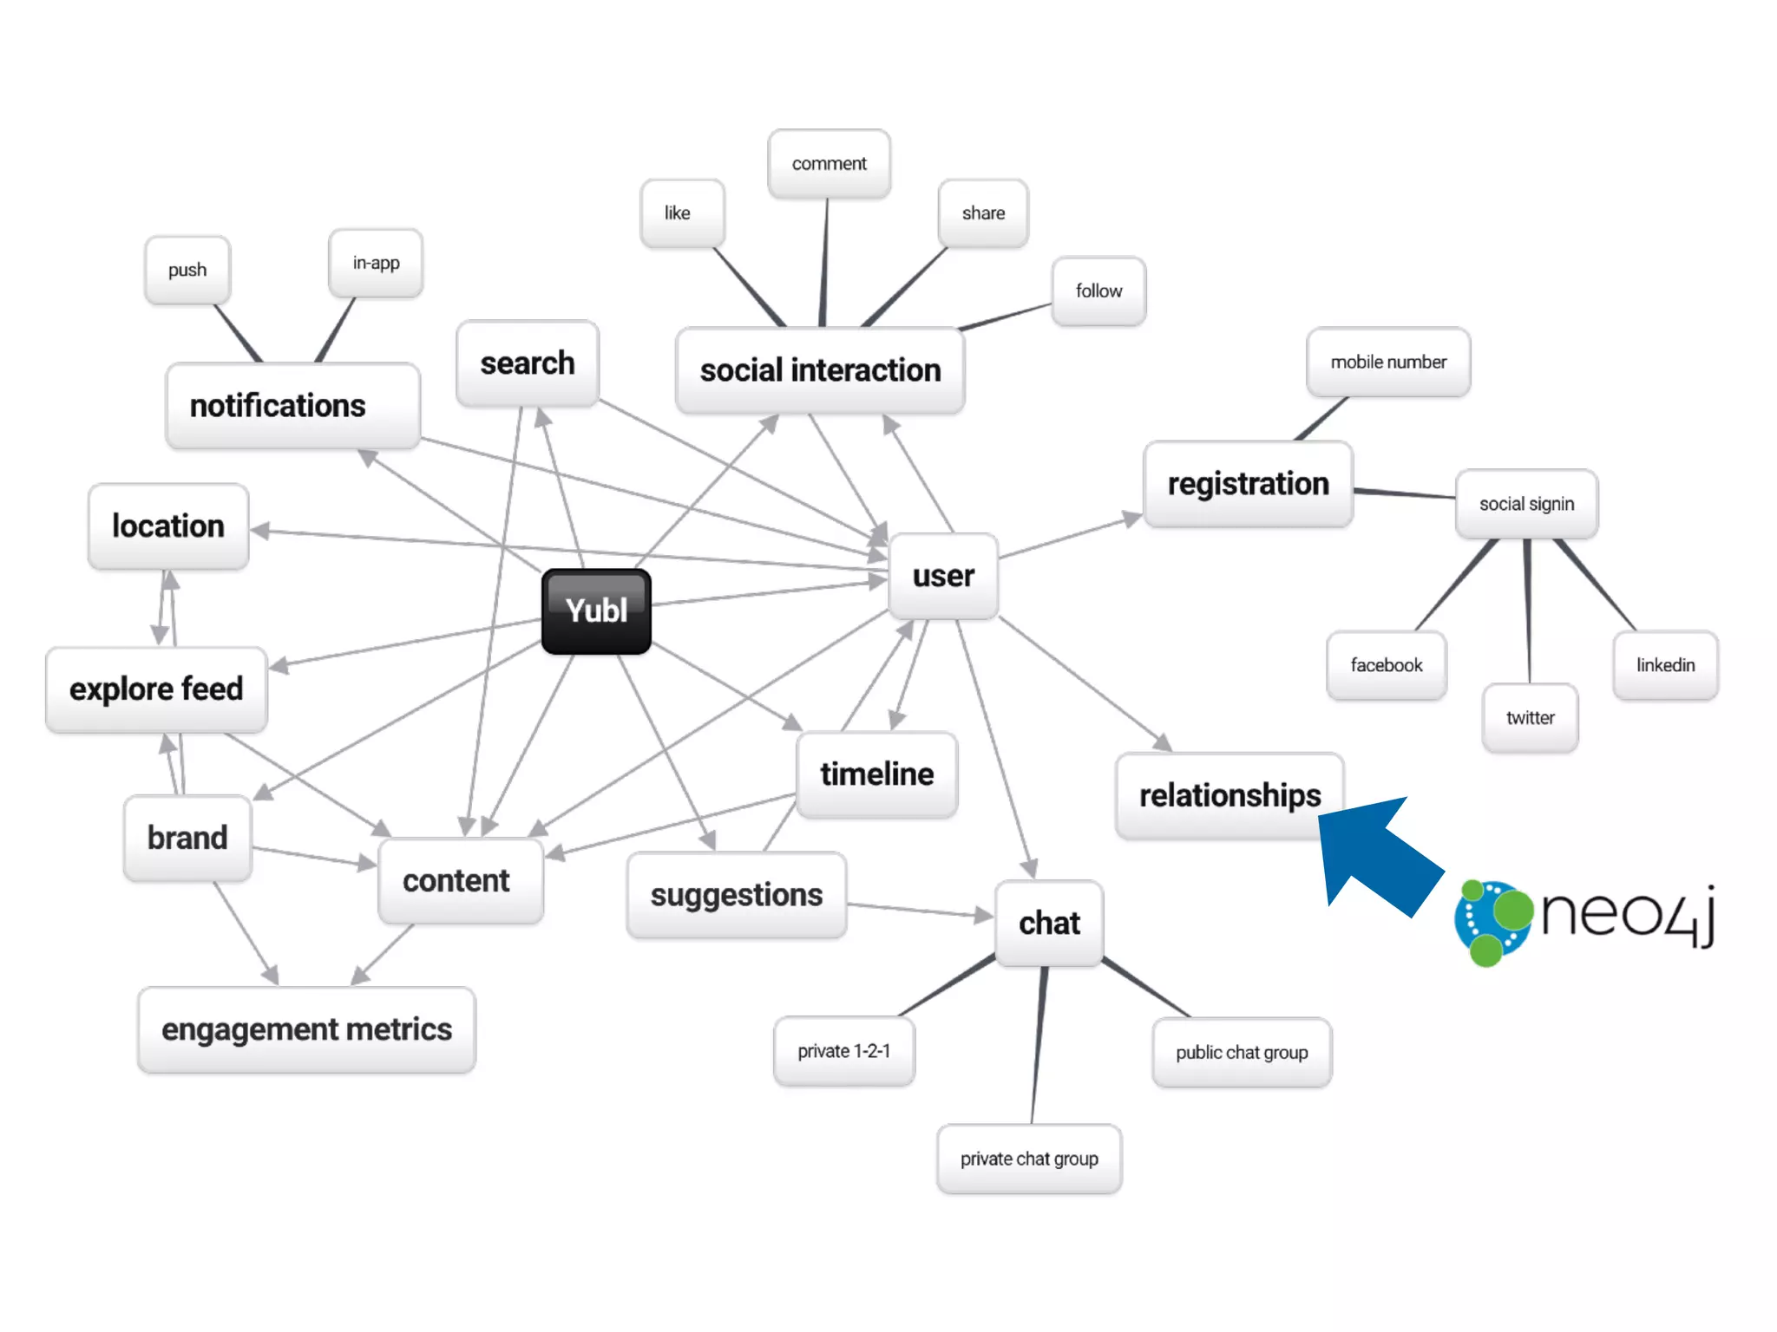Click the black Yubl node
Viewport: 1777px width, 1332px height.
[x=596, y=611]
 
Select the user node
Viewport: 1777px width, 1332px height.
[x=943, y=576]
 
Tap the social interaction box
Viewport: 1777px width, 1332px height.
[x=820, y=370]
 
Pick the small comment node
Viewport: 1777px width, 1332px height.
[x=829, y=164]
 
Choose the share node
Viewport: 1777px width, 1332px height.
[x=983, y=213]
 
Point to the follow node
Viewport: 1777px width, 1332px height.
[x=1098, y=291]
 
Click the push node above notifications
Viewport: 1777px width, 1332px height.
[x=187, y=271]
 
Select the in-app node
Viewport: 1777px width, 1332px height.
[x=376, y=263]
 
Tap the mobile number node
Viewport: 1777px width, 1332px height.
[x=1388, y=362]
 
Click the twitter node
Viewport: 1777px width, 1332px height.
[x=1530, y=718]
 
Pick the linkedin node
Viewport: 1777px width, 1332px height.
[x=1665, y=665]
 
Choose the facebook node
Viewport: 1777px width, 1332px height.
[x=1386, y=665]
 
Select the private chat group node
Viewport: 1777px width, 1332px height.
[x=1029, y=1159]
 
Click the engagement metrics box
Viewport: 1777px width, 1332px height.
[x=306, y=1030]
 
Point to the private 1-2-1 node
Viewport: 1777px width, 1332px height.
[x=843, y=1051]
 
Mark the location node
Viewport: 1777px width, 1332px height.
[x=168, y=526]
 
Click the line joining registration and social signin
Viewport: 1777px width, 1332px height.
[x=1405, y=493]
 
